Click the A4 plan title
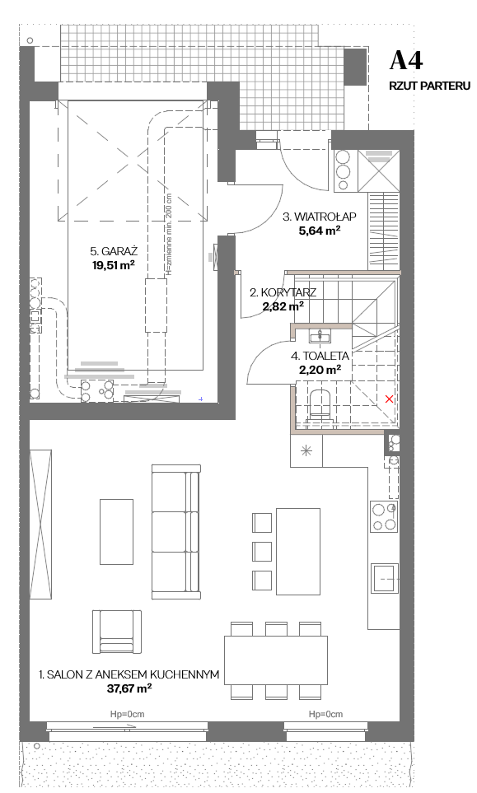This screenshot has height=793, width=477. (405, 61)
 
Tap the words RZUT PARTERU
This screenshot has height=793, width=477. (429, 86)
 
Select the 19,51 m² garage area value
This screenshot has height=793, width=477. (114, 265)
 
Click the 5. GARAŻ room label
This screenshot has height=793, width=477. (114, 251)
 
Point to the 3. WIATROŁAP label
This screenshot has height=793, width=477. (319, 217)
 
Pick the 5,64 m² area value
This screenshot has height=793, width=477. (319, 231)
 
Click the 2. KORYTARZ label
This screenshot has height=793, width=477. (283, 292)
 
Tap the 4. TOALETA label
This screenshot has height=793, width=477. (320, 356)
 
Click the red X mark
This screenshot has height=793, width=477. (389, 399)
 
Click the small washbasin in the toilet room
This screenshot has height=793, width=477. (320, 335)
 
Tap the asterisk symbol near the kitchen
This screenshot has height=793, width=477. (306, 450)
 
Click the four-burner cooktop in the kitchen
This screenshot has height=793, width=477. (384, 517)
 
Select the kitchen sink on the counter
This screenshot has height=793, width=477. (385, 578)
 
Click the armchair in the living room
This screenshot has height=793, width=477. (117, 632)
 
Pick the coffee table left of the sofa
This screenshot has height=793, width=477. (117, 531)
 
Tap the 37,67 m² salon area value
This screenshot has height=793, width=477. (130, 688)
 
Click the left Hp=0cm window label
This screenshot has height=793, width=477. (128, 714)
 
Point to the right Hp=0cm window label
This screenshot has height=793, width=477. (325, 714)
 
